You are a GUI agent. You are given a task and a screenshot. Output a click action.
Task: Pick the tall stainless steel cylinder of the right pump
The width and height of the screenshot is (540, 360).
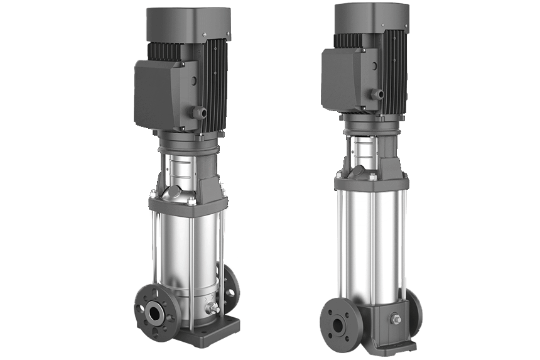click(370, 245)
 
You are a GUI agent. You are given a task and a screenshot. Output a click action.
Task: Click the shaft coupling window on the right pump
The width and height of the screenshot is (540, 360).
click(364, 151)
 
